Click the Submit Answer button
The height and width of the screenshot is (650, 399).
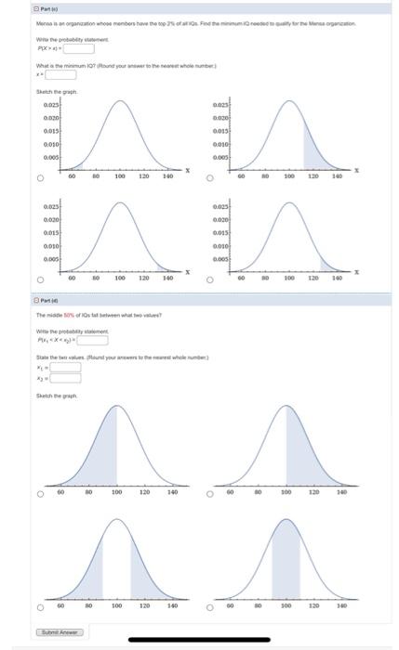point(60,632)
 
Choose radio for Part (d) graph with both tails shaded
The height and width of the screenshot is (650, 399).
point(41,608)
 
